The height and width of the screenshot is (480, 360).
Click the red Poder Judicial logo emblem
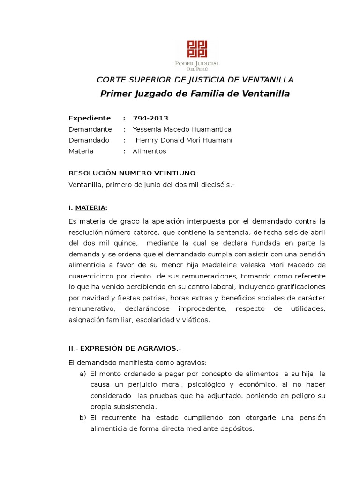(x=197, y=50)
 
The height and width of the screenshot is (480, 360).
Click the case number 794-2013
(x=150, y=118)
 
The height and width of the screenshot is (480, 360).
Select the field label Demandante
(x=90, y=129)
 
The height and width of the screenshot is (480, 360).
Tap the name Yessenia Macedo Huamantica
(x=182, y=129)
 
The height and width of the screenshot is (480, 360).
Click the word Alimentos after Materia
(x=149, y=151)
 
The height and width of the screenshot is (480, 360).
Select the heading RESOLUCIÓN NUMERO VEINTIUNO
(x=132, y=173)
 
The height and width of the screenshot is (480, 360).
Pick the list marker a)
(x=83, y=374)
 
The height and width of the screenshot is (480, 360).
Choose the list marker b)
(x=83, y=418)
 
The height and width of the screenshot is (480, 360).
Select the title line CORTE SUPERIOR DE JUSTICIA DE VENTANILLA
(x=195, y=79)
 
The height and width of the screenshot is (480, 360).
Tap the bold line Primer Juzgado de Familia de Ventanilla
(x=195, y=93)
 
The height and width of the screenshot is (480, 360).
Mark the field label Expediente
(x=90, y=118)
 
